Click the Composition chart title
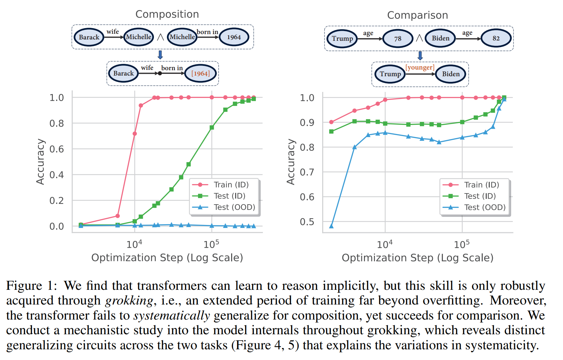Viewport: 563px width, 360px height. (x=167, y=14)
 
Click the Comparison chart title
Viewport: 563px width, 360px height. (x=417, y=15)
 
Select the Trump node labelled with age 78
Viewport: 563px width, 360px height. (x=342, y=38)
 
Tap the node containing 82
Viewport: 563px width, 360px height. (x=496, y=38)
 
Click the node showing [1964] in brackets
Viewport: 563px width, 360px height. (x=200, y=74)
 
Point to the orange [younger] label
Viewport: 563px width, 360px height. (x=420, y=68)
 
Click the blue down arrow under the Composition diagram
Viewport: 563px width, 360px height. (x=160, y=54)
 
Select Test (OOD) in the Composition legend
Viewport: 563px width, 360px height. (x=234, y=207)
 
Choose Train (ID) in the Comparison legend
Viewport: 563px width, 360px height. (x=481, y=185)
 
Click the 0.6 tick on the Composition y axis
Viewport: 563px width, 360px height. (x=57, y=149)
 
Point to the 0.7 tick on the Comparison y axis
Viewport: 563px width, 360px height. (x=307, y=172)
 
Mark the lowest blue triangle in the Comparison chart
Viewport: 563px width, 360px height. (x=331, y=226)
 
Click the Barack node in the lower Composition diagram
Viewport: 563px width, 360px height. (x=123, y=74)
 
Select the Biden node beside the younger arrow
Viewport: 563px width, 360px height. (x=451, y=74)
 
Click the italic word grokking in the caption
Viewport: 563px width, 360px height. (x=129, y=301)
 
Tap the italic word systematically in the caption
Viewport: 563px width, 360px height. (x=172, y=316)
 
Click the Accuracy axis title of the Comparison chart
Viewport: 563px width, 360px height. (x=291, y=162)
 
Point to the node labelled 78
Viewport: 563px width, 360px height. (x=397, y=38)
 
